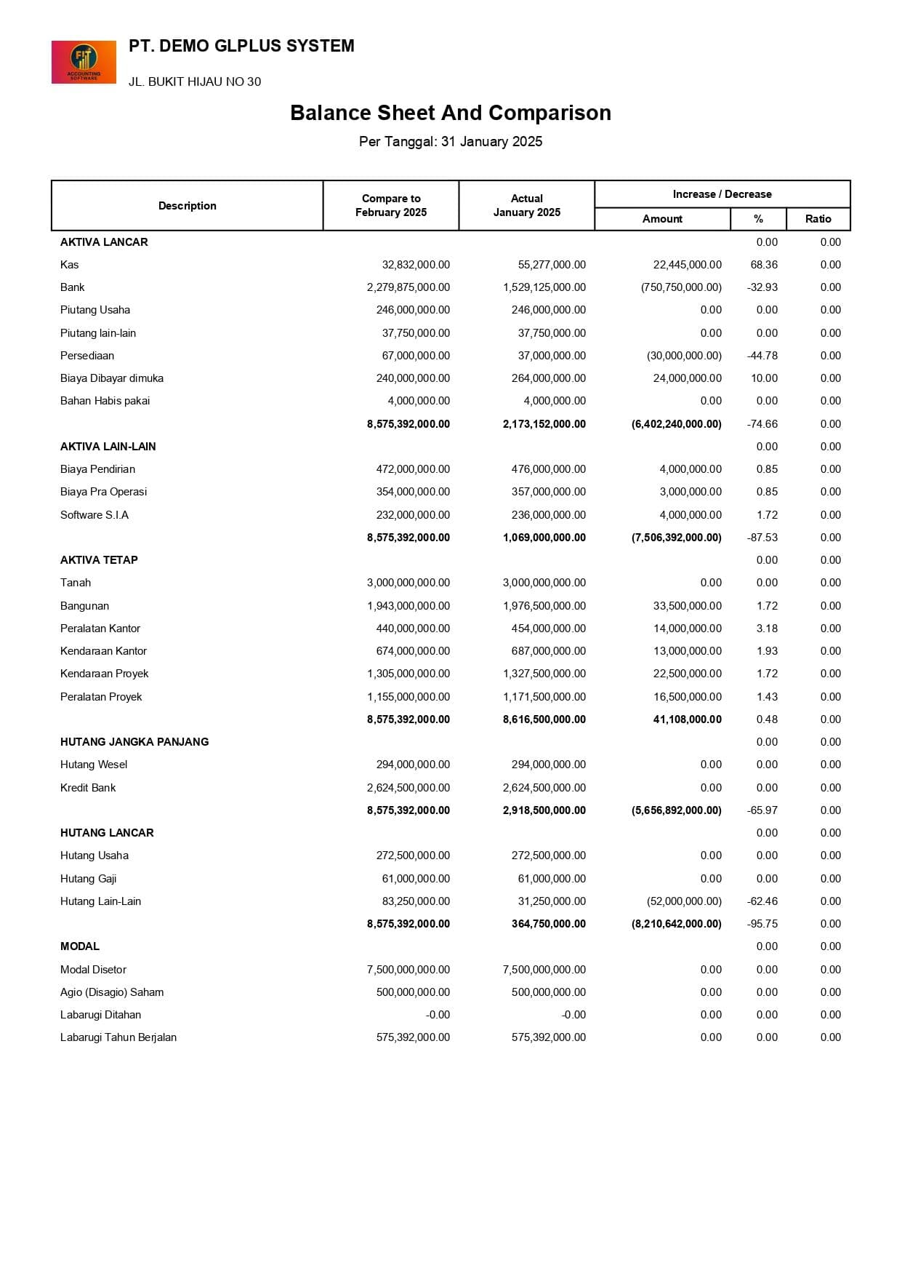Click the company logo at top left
pos(84,62)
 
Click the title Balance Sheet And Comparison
pos(451,113)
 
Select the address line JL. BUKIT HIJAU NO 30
pos(195,81)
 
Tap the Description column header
pos(188,206)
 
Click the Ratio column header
pos(818,219)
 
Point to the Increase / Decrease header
pos(722,194)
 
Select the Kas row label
pos(70,265)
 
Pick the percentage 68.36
pos(764,265)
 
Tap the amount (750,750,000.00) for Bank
pos(681,287)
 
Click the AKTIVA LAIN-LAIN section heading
pos(108,447)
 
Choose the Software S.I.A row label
pos(94,515)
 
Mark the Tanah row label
pos(76,583)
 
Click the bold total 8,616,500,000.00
pos(544,719)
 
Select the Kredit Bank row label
pos(88,788)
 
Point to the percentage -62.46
pos(762,901)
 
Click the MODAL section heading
pos(80,946)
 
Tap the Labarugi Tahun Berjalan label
pos(118,1037)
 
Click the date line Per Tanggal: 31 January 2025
pos(451,142)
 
